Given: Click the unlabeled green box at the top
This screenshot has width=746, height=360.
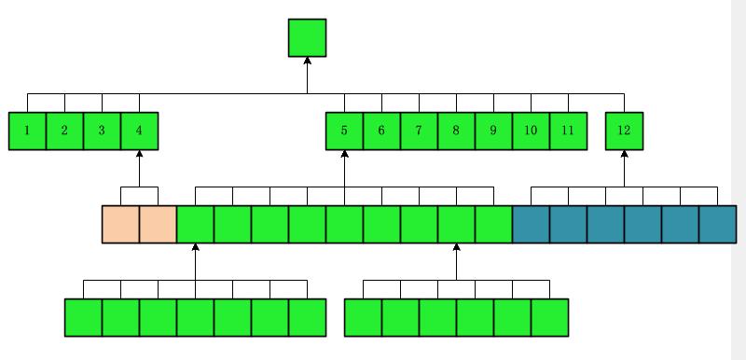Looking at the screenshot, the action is point(308,37).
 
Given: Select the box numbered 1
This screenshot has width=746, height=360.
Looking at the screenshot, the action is point(27,131).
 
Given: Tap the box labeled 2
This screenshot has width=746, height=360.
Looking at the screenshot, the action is point(64,131).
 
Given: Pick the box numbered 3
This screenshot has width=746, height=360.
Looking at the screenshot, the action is point(102,131).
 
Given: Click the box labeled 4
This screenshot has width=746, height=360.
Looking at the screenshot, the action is point(139,131).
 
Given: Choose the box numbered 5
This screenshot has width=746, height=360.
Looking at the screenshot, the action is point(344,131).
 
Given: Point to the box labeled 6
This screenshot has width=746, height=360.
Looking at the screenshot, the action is point(381,131).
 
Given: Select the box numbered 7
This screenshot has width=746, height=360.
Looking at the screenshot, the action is point(419,131).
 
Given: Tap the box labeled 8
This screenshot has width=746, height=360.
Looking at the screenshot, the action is point(456,131).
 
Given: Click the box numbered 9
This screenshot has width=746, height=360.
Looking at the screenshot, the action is point(494,131).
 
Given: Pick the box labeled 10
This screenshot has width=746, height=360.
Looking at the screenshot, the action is point(531,131).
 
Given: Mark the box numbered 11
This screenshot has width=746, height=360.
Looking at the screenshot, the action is point(569,131).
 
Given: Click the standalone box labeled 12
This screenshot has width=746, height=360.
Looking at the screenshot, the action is point(624,131).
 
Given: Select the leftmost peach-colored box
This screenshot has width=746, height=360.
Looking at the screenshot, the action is point(121,224).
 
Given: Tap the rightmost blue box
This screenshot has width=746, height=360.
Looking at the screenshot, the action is point(717,224).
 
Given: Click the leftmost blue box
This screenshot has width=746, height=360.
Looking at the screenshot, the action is point(531,224).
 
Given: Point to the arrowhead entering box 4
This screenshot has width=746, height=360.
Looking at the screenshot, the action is point(139,154).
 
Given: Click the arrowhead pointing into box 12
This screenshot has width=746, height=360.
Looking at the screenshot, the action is point(624,154).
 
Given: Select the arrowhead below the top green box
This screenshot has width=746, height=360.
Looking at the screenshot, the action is point(308,61).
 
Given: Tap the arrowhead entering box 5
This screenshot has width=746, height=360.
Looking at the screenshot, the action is point(344,154).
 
